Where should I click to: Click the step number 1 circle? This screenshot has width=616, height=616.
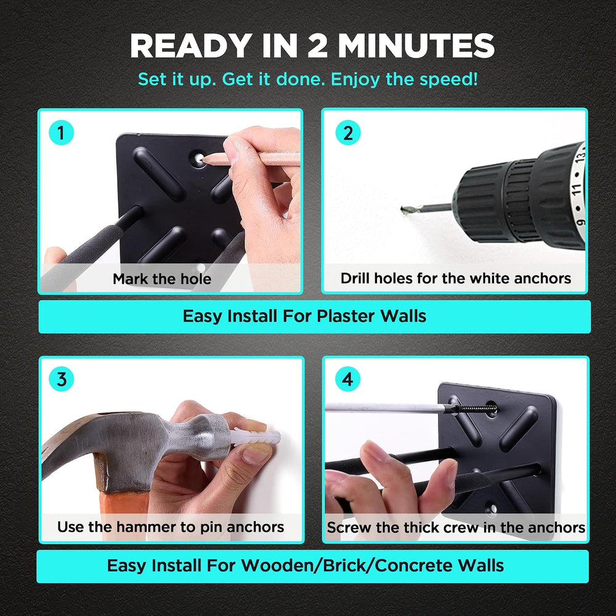coord(61,133)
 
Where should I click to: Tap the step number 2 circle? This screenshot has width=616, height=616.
coord(347,133)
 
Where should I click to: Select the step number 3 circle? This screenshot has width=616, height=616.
coord(61,379)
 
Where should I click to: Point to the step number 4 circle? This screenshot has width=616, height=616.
coord(347,379)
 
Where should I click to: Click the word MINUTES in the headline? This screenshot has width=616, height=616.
coord(416,46)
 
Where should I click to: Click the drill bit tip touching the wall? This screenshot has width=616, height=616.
coord(404,210)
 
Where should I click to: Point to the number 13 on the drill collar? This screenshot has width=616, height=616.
coord(580,156)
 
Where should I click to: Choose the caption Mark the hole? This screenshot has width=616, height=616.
coord(162,279)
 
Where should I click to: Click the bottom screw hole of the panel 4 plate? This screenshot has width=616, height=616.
coord(491,509)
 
